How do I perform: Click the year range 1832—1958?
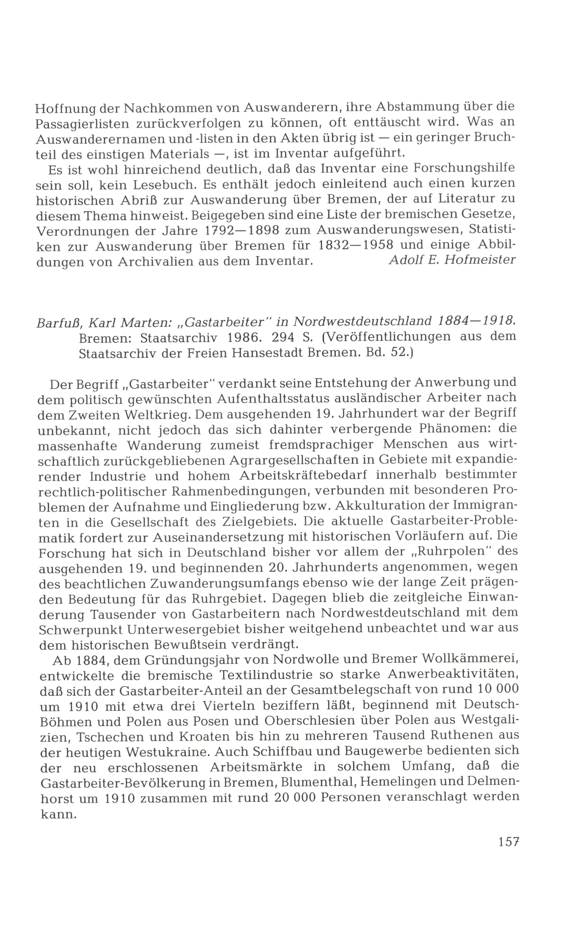point(355,245)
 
